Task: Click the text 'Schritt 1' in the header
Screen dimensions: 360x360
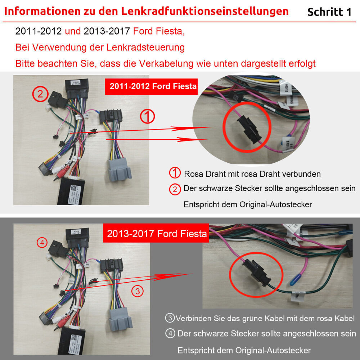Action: tap(329, 12)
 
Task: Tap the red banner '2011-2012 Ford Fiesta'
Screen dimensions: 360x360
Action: tap(151, 86)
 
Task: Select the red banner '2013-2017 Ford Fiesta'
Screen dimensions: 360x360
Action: tap(157, 234)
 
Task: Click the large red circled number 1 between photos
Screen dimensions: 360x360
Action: tap(147, 117)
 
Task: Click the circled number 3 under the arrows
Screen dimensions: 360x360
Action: tap(138, 291)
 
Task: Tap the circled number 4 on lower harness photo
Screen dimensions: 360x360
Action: tap(42, 243)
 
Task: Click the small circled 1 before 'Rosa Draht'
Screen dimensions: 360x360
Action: tap(175, 174)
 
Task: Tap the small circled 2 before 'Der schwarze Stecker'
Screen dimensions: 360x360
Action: tap(175, 189)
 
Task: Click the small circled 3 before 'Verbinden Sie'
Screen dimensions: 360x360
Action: tap(170, 318)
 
